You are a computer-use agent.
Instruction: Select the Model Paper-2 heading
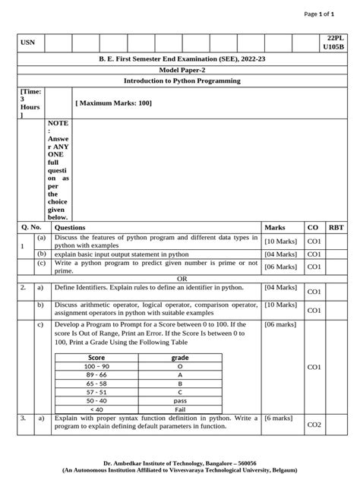(x=180, y=69)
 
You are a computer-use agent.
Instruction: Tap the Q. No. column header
(x=30, y=227)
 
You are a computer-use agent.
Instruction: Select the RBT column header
(x=335, y=227)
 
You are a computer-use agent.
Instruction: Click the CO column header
(x=312, y=227)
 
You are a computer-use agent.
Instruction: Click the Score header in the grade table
(x=96, y=357)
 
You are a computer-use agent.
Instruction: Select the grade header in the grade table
(x=180, y=357)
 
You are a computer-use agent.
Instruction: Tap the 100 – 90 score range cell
(x=96, y=366)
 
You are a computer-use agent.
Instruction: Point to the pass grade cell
(x=180, y=399)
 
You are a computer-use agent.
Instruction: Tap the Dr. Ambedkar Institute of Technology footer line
(x=180, y=463)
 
